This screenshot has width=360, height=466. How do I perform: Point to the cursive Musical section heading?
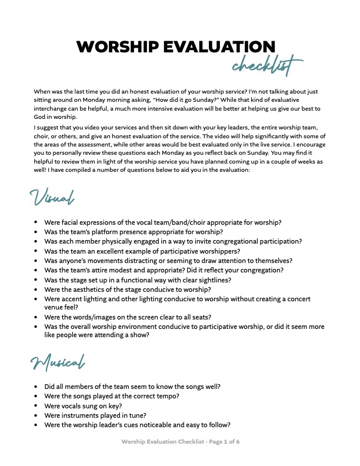[57, 363]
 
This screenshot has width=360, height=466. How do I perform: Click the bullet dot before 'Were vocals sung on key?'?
[36, 406]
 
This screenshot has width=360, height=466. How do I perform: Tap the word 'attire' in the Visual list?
[106, 270]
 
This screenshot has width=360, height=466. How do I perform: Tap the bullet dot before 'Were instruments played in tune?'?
[36, 415]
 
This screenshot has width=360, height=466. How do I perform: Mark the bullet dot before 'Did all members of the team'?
[36, 387]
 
